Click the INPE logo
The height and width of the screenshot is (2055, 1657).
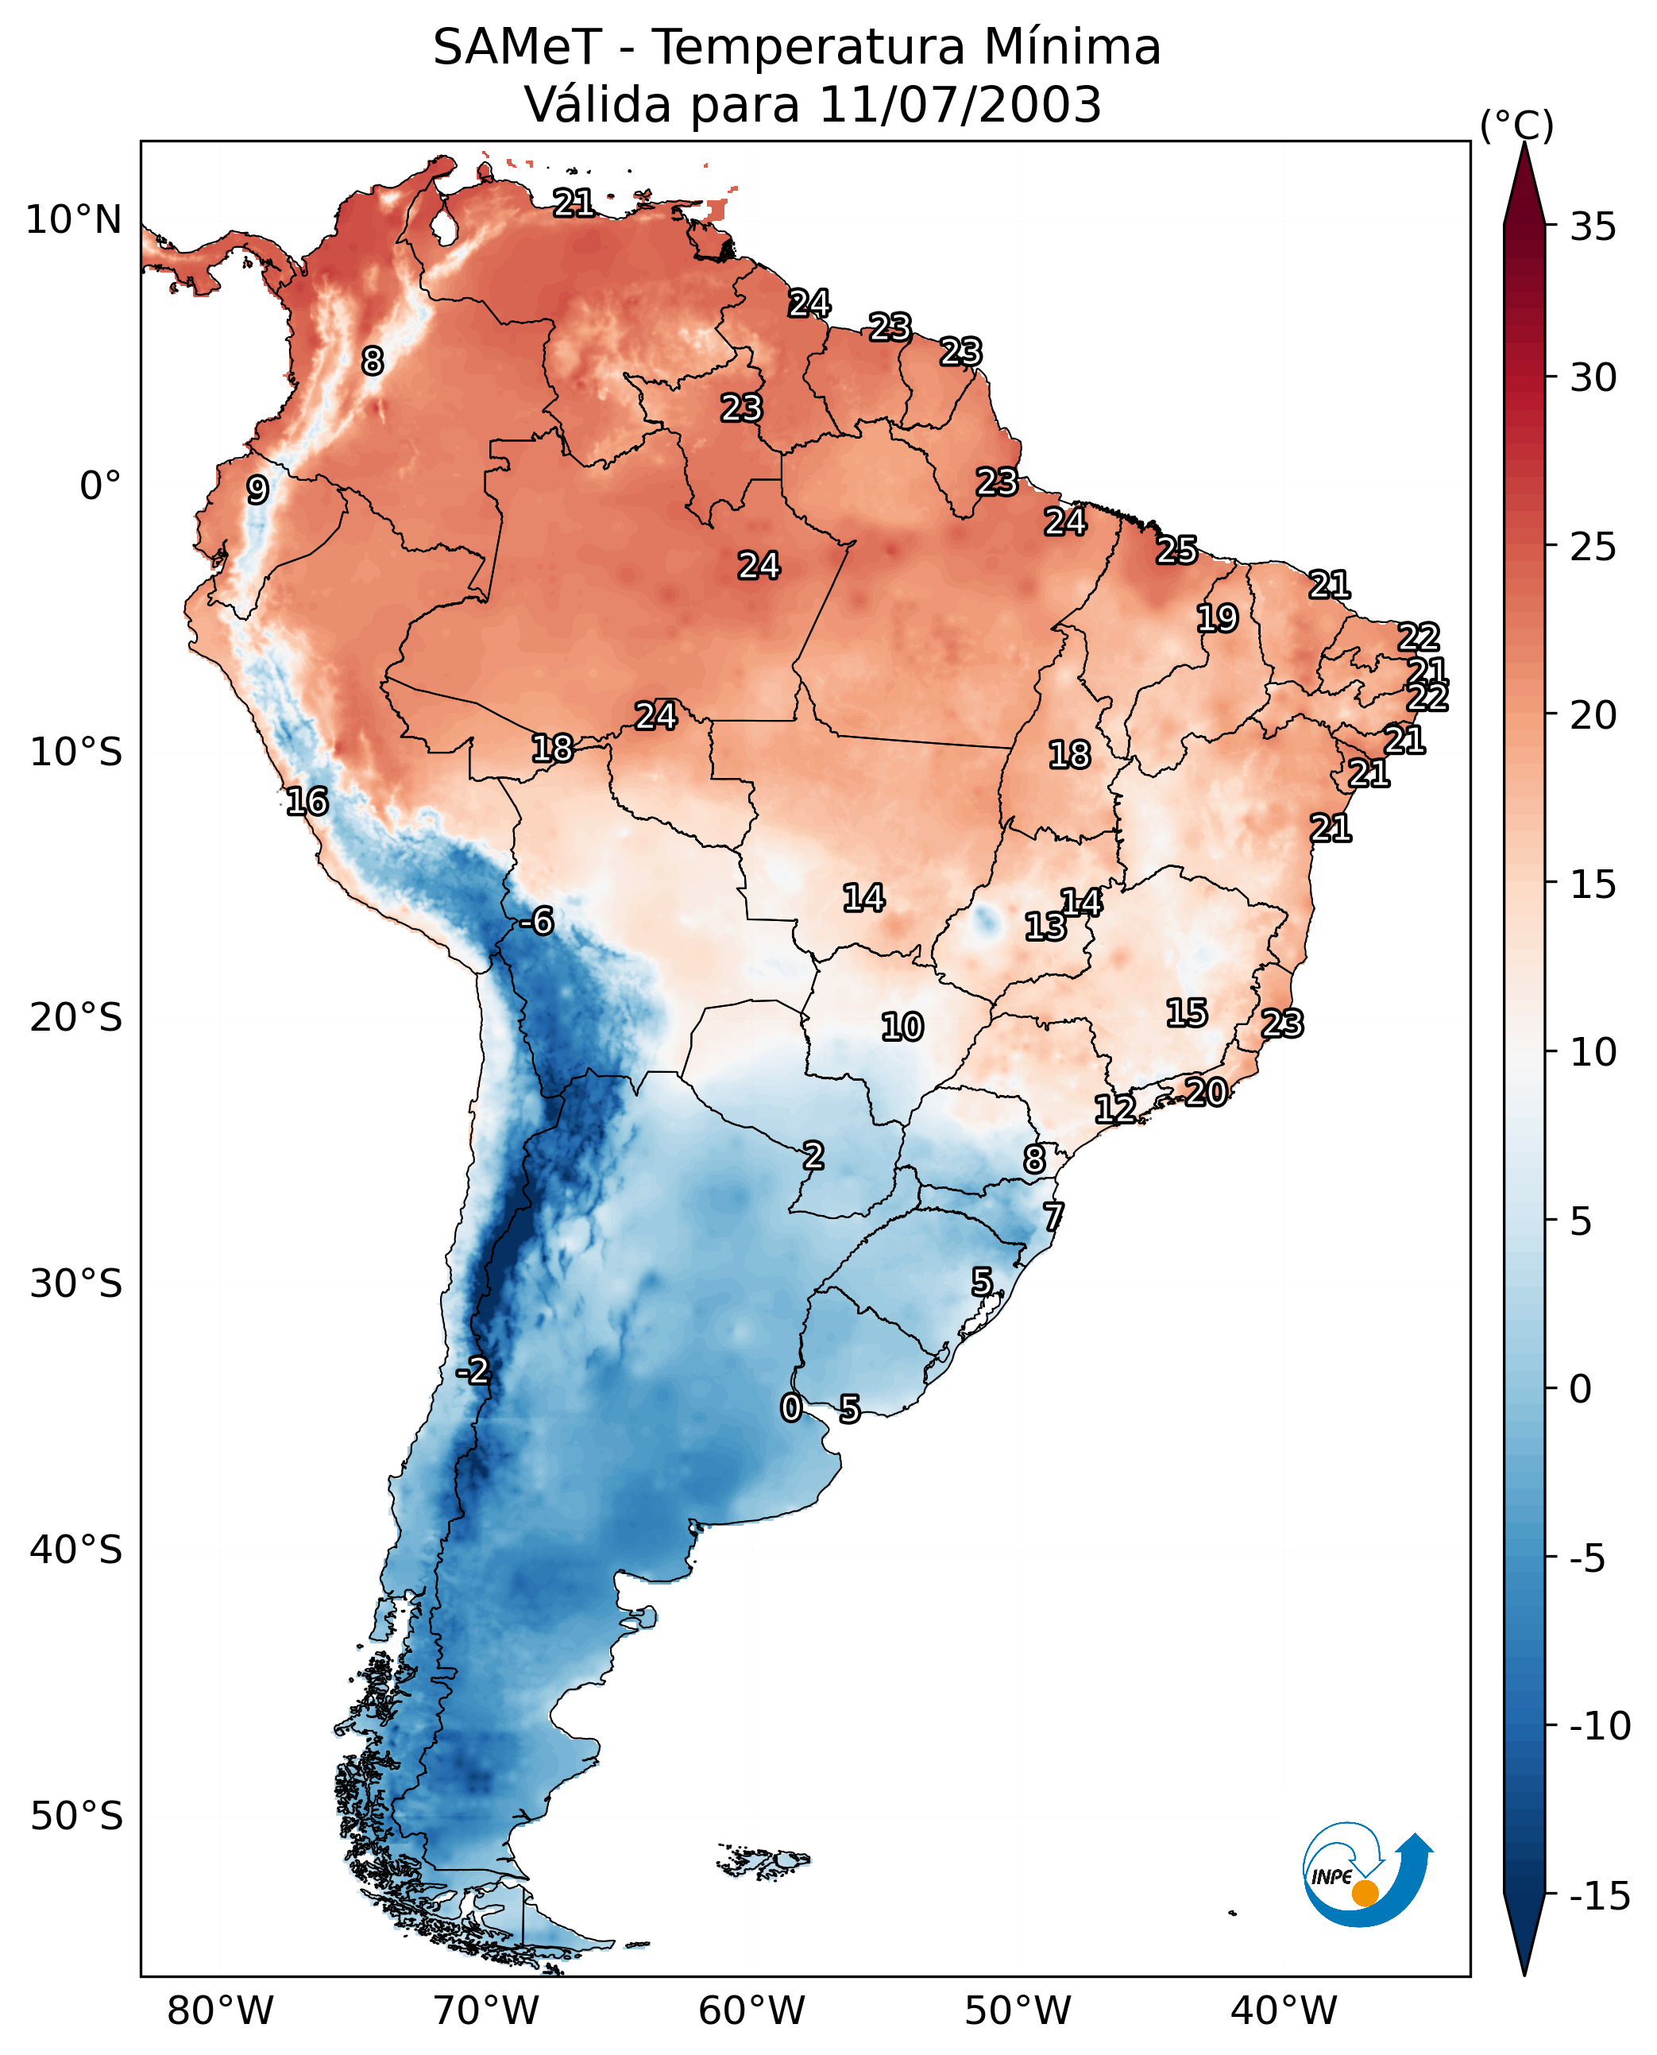[1367, 1875]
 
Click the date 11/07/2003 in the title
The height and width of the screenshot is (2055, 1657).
[960, 104]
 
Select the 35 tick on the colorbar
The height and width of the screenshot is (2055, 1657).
[1593, 226]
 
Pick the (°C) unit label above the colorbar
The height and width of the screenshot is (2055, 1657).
[1516, 125]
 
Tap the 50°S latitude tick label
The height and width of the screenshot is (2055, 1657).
[76, 1815]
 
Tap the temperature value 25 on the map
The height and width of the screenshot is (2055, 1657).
[1177, 550]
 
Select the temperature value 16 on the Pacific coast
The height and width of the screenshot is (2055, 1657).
[307, 801]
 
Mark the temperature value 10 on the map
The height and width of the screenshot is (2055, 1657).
[902, 1027]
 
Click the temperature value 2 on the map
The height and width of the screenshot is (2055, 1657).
[813, 1155]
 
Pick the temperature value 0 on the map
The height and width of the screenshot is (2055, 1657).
[790, 1407]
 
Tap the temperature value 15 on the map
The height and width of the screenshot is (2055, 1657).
[1187, 1012]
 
